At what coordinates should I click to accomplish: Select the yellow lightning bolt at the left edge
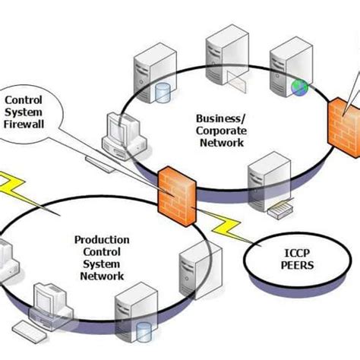click(11, 187)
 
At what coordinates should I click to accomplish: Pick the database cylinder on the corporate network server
click(161, 93)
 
